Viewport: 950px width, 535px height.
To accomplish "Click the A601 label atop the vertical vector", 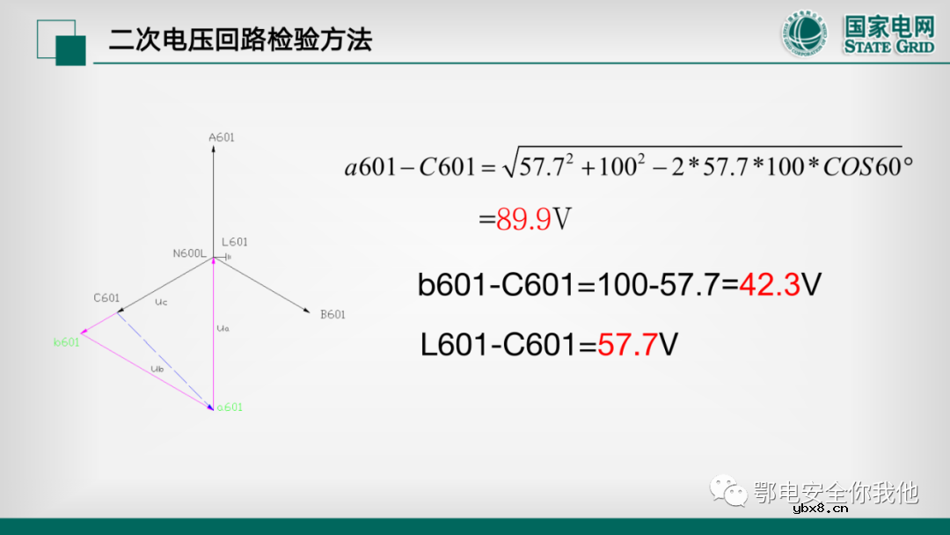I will pyautogui.click(x=221, y=137).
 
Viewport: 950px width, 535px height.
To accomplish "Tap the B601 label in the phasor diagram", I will pyautogui.click(x=332, y=314).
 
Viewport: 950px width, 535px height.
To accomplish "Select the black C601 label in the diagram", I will pyautogui.click(x=106, y=298).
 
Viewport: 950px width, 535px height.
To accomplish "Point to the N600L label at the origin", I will pyautogui.click(x=189, y=253).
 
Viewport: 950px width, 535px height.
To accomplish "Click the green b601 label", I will pyautogui.click(x=66, y=342).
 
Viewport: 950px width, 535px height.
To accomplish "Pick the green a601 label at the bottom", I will pyautogui.click(x=229, y=407).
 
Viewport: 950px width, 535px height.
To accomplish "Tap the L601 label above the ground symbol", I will pyautogui.click(x=235, y=242).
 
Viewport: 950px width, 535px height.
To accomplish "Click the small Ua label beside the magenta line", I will pyautogui.click(x=222, y=328).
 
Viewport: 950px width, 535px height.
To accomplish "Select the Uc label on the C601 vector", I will pyautogui.click(x=160, y=302).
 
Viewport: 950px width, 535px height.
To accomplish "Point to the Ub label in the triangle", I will pyautogui.click(x=157, y=368).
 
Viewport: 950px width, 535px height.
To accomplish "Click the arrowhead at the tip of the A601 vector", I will pyautogui.click(x=215, y=149).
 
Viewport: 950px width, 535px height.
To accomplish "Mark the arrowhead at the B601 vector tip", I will pyautogui.click(x=307, y=310).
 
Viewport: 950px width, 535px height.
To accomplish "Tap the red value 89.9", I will pyautogui.click(x=523, y=219).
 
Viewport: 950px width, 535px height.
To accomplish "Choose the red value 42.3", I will pyautogui.click(x=770, y=284).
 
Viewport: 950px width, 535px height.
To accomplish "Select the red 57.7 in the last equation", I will pyautogui.click(x=627, y=344).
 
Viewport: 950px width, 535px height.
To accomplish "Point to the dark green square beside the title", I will pyautogui.click(x=70, y=50).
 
